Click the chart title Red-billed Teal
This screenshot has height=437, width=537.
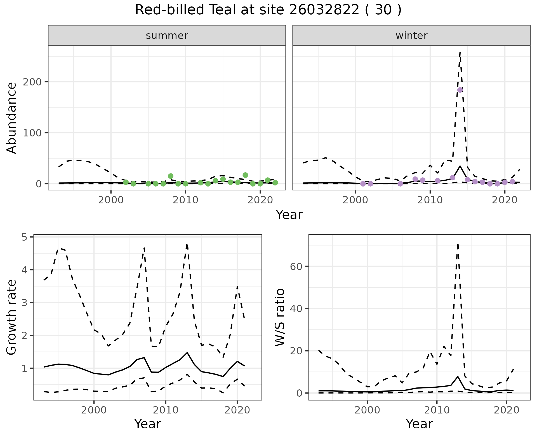click(x=268, y=10)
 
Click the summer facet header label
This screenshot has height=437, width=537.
click(x=167, y=36)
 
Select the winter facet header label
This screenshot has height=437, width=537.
click(x=411, y=36)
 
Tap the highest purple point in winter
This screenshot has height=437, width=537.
click(x=460, y=90)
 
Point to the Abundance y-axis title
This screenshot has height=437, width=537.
click(x=12, y=118)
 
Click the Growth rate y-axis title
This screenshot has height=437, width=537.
click(x=12, y=317)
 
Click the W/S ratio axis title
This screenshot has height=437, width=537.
click(x=280, y=317)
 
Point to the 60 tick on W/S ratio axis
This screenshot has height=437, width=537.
click(x=296, y=266)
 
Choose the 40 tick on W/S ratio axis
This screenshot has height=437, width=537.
click(x=296, y=309)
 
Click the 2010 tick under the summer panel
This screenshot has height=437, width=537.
click(x=185, y=200)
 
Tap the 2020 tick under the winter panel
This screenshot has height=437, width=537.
click(x=505, y=200)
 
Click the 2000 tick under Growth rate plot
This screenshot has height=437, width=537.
click(x=94, y=410)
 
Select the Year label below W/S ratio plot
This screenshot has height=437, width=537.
click(x=419, y=424)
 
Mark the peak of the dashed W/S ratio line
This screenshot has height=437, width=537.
click(x=458, y=244)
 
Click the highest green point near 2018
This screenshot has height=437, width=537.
click(x=245, y=175)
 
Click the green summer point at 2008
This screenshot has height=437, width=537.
click(x=171, y=176)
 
